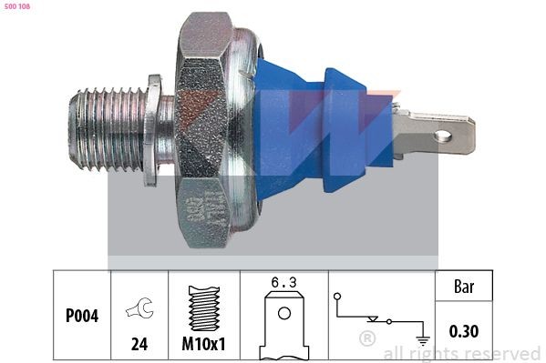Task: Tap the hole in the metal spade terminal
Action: coord(443,136)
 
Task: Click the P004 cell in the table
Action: coord(82,317)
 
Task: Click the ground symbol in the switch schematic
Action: coord(422,338)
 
